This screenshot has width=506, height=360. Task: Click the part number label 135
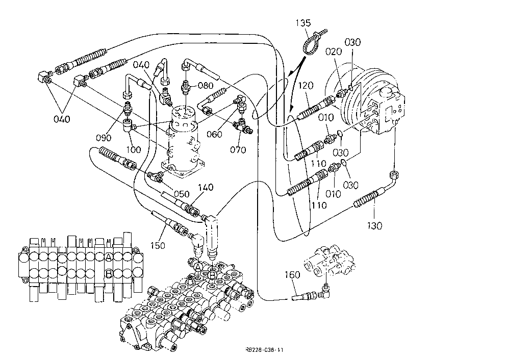coord(303,23)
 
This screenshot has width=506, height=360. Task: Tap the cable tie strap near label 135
coord(312,41)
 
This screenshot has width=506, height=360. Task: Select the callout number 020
coord(333,52)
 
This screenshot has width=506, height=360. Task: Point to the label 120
coord(306,86)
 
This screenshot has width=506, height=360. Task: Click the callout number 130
coord(374,225)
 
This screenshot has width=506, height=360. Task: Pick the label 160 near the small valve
coord(292,275)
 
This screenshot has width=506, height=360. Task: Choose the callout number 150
coord(158,245)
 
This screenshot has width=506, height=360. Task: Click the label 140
coord(206,188)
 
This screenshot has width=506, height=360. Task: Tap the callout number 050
coord(182,194)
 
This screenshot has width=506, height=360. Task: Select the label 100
coord(133,149)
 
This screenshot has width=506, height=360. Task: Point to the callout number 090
coord(103,138)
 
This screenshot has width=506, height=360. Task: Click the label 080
coord(206,86)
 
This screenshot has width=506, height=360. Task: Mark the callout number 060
coord(214,134)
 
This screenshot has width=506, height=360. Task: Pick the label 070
coord(238,150)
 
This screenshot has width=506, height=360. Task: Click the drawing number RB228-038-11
coord(264,350)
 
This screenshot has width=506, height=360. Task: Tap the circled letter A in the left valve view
coord(109,257)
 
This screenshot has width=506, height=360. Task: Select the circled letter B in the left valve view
coord(109,274)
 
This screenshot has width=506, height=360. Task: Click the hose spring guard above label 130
coord(366,199)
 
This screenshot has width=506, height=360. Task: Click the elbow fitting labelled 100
coord(129,125)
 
